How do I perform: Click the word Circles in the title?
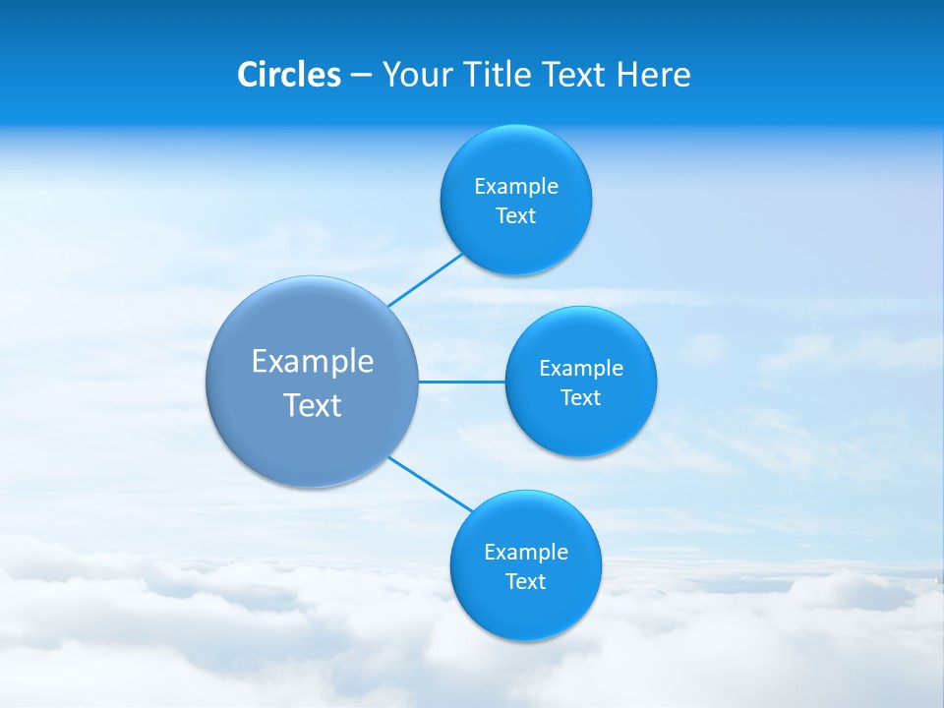click(288, 75)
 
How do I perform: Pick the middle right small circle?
click(580, 428)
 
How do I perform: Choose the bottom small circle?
click(525, 610)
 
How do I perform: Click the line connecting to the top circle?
click(426, 280)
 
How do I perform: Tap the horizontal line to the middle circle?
click(461, 382)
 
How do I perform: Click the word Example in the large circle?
click(313, 362)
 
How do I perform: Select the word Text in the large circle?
click(313, 405)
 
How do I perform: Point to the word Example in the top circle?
click(516, 187)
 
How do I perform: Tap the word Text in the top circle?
click(515, 216)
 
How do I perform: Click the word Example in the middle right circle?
click(581, 369)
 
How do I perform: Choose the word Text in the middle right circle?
click(580, 398)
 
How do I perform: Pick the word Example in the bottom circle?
click(526, 553)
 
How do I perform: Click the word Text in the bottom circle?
click(525, 582)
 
